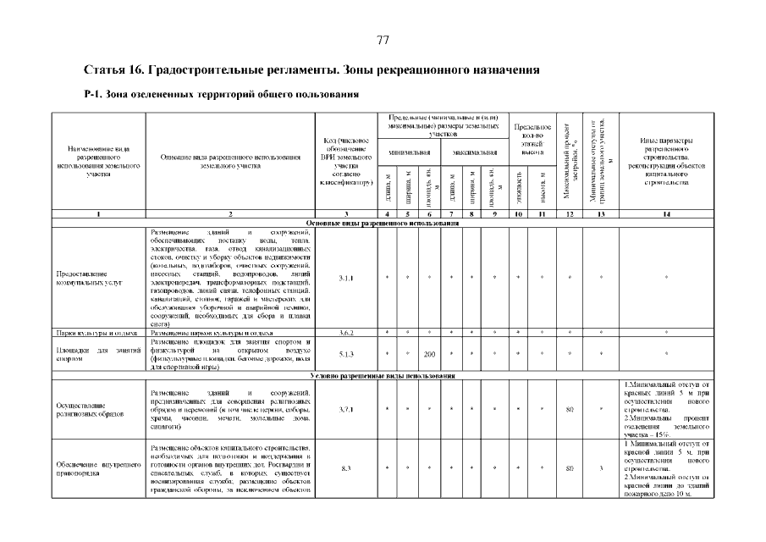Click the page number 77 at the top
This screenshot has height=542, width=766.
[x=383, y=40]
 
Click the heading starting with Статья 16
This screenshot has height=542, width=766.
[x=312, y=69]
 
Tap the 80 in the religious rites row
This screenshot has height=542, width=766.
[x=570, y=410]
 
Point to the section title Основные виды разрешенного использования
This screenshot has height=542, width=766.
[x=383, y=223]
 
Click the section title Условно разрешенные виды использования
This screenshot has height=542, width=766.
[x=383, y=374]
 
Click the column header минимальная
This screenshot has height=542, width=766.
[x=409, y=152]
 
